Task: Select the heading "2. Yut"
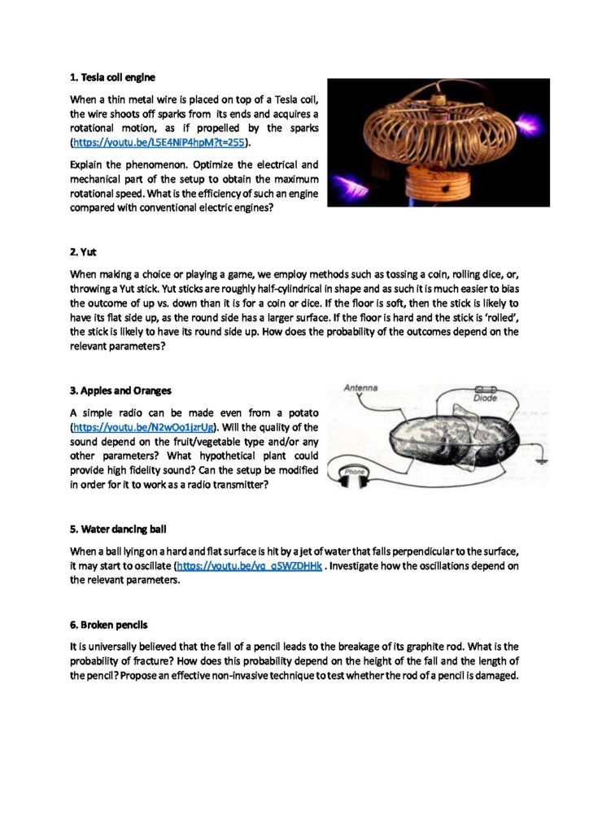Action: (83, 252)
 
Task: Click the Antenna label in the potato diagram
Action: (360, 388)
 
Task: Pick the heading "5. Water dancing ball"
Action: (119, 529)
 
